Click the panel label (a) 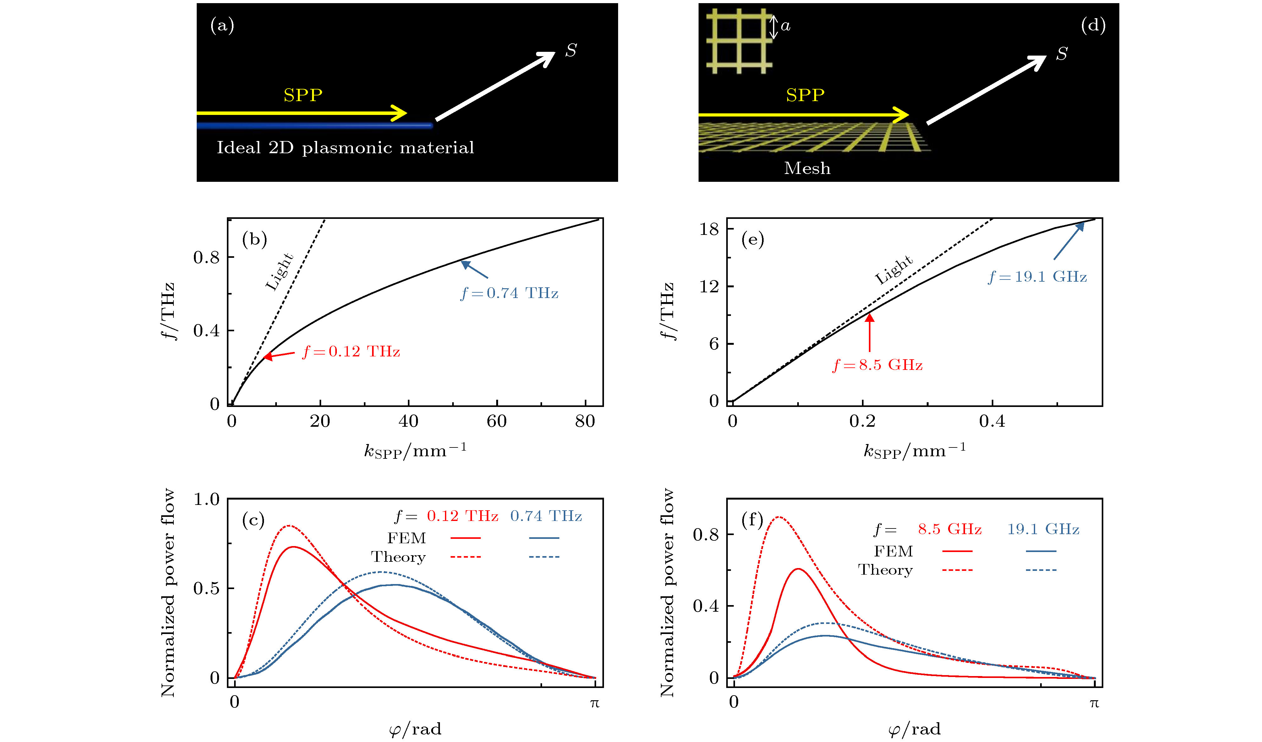[222, 25]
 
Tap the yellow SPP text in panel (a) [303, 95]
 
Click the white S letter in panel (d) [1062, 53]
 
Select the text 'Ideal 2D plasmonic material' [345, 148]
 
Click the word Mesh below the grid [807, 168]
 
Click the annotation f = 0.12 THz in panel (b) [351, 351]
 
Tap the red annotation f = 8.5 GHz [877, 365]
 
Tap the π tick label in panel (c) [595, 703]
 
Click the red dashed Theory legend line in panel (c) [465, 557]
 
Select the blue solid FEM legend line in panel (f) [1041, 551]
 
